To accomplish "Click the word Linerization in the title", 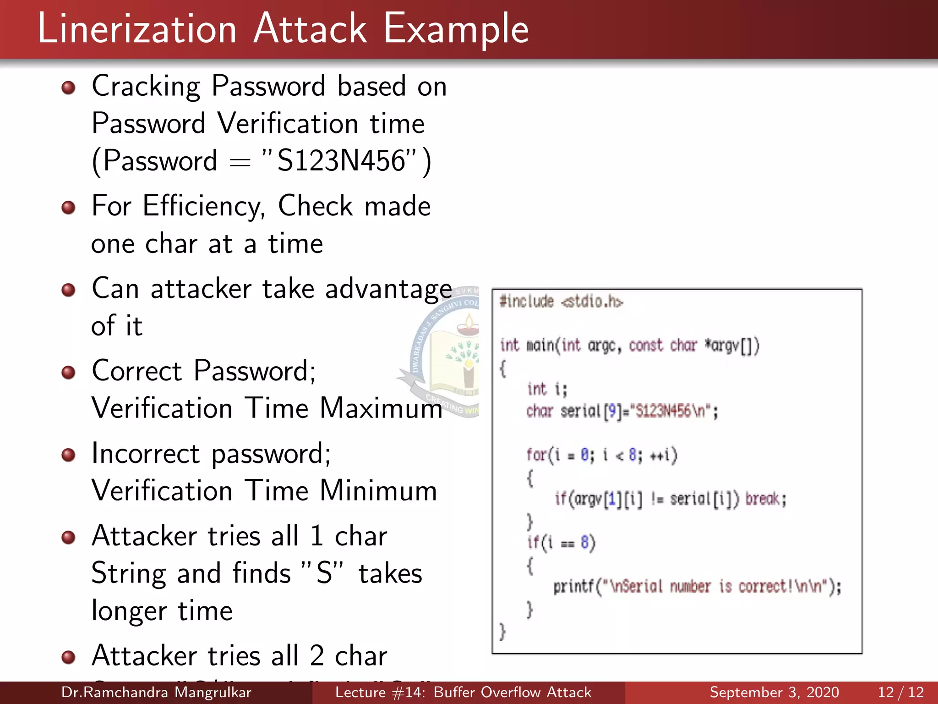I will coord(137,29).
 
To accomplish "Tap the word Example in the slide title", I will coord(456,29).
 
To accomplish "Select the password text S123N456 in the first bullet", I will coord(341,161).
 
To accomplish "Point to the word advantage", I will coord(388,289).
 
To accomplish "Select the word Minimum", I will coord(378,490).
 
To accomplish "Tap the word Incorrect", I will coord(146,453).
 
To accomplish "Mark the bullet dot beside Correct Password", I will coord(69,372).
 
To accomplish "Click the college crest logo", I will coord(447,353).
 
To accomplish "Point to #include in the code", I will coord(527,302).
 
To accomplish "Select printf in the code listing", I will coord(573,586).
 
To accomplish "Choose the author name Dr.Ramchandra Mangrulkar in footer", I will coord(156,692).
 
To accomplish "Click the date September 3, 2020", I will coord(774,692).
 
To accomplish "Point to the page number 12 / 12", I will coord(900,692).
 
